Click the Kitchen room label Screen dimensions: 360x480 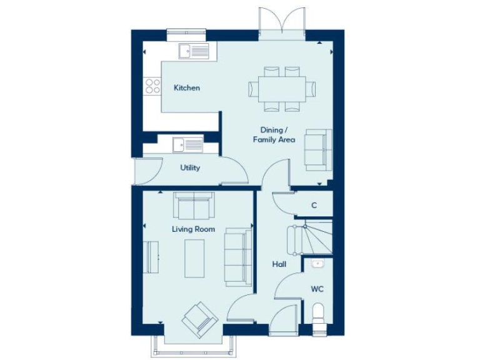tap(187, 88)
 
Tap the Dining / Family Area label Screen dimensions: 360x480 tap(274, 135)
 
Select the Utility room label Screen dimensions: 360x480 tap(190, 168)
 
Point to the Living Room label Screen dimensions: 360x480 tap(193, 229)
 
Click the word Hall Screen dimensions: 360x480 tap(279, 264)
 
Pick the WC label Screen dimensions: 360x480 tap(317, 289)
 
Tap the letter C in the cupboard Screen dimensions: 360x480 tap(314, 205)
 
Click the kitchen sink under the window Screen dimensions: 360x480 tap(193, 51)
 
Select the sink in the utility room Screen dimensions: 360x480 tap(187, 145)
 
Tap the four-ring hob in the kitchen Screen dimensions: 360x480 tap(152, 86)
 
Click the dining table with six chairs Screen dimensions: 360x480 tap(282, 88)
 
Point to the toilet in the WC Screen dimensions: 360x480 tap(317, 314)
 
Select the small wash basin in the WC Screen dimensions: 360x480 tap(317, 264)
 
